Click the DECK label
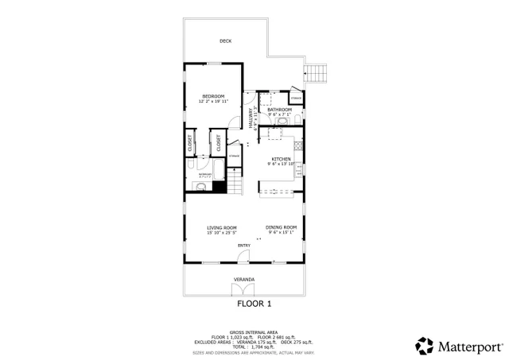pos(227,41)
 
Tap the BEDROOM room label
pos(212,96)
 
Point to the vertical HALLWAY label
pos(251,119)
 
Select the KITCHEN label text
pos(281,158)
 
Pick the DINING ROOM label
pos(281,227)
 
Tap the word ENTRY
pos(243,245)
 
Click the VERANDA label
pos(244,279)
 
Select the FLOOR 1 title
pos(254,303)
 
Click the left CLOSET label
pos(190,143)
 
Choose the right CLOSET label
pos(219,143)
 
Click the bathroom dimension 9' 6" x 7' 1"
pos(281,114)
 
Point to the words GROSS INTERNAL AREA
pos(254,331)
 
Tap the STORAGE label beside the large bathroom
pos(295,98)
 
